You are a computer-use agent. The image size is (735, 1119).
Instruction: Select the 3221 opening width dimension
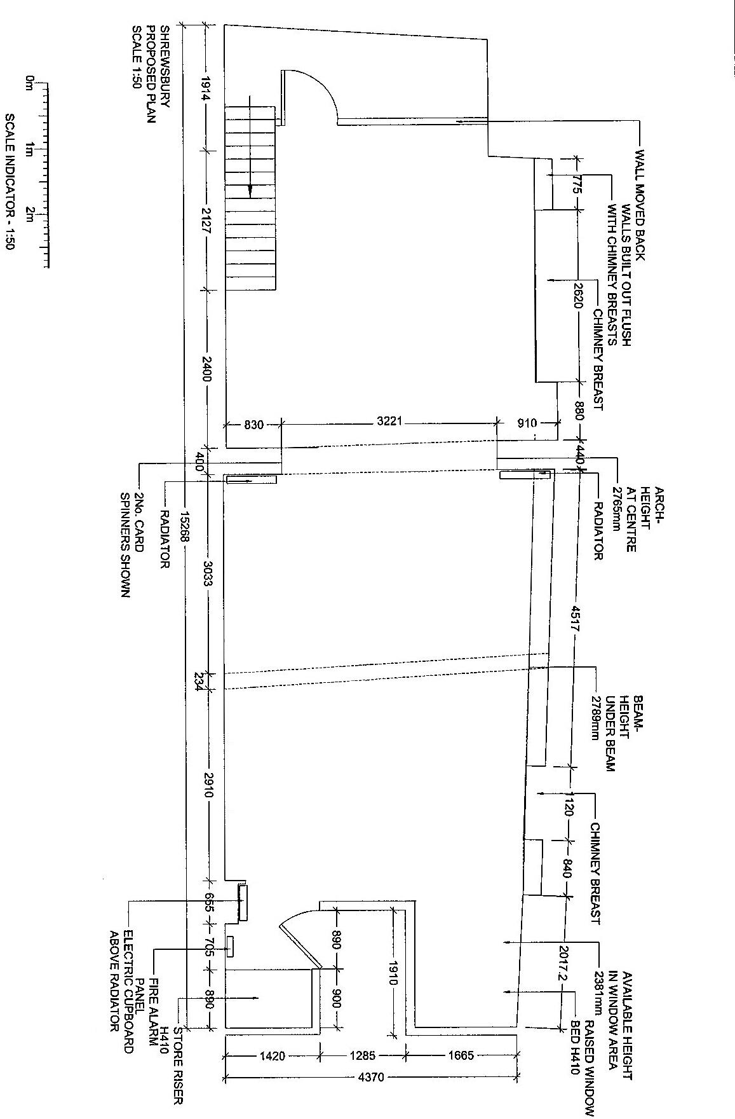[x=389, y=422]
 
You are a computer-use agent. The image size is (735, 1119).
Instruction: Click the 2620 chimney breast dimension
[x=577, y=295]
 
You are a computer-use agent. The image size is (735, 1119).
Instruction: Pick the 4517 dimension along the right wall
[x=574, y=616]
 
